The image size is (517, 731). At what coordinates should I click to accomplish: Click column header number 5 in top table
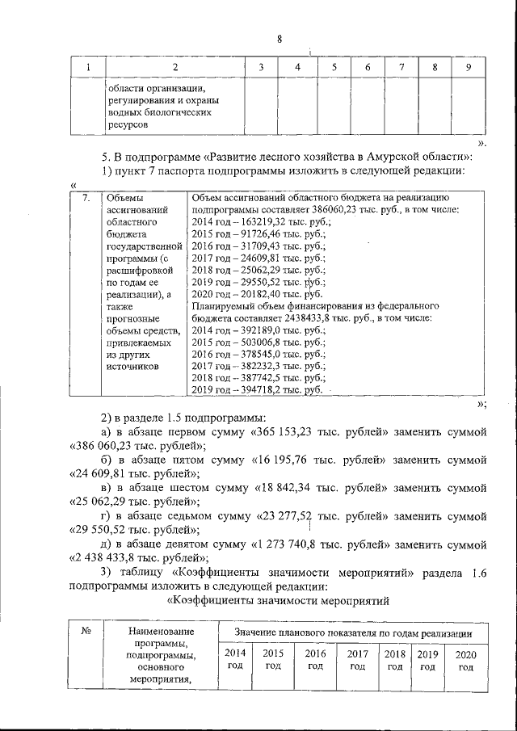click(x=333, y=67)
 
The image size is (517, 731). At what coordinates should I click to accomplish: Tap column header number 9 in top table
click(x=469, y=67)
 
